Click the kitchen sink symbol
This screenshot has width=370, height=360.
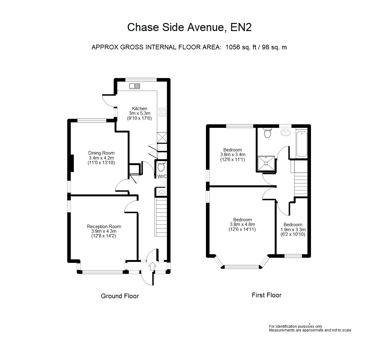coord(135,86)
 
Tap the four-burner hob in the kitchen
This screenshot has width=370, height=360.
coord(162,112)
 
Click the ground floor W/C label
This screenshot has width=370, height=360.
coord(162,176)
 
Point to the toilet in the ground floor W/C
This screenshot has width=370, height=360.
coord(161,166)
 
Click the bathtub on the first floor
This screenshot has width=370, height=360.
coord(302,144)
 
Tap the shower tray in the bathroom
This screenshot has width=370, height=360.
coord(266,163)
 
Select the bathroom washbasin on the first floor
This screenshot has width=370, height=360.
coord(286,133)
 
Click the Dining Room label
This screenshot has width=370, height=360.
coord(102,153)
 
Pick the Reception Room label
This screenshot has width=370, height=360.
coord(104,227)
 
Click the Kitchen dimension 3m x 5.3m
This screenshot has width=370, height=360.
coord(140,113)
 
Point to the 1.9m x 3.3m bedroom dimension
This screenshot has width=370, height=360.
coord(293,230)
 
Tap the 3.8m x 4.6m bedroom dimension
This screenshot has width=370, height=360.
coord(242,224)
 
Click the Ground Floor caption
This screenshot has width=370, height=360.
coord(120,296)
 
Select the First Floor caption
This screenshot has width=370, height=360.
coord(267,295)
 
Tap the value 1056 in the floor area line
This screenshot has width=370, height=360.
coord(232,47)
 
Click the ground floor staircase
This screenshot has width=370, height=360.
coord(161,217)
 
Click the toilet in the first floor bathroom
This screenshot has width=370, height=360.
coord(267,133)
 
